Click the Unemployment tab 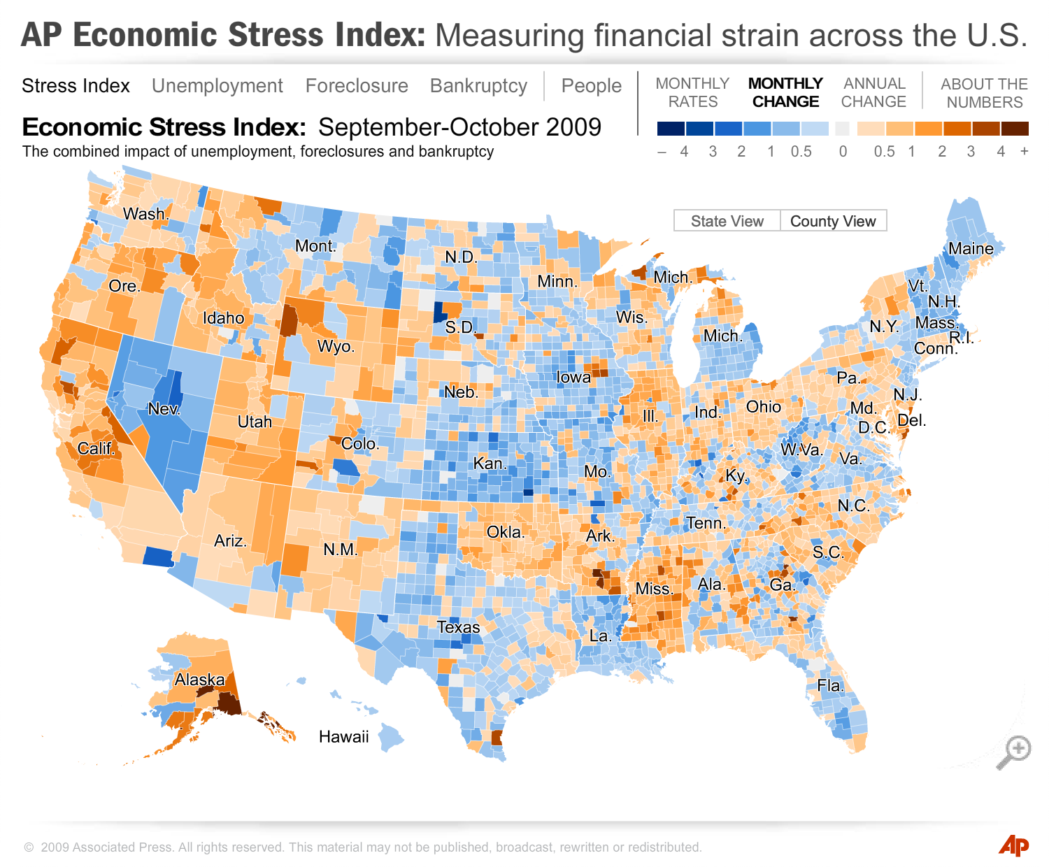click(x=217, y=86)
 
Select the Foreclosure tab click(x=357, y=86)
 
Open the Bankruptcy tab click(x=478, y=86)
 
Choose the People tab click(x=591, y=86)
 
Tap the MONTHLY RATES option click(x=692, y=92)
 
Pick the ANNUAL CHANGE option click(x=873, y=92)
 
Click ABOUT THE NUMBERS click(x=984, y=93)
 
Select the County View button click(x=833, y=221)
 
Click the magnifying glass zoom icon click(x=1013, y=752)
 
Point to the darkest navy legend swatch click(x=671, y=129)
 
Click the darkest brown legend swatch click(x=1015, y=129)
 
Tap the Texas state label click(x=459, y=627)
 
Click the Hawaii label click(x=343, y=736)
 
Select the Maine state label click(x=971, y=248)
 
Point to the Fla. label click(x=831, y=685)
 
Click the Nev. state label click(x=164, y=409)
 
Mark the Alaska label click(x=199, y=680)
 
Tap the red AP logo click(x=1013, y=845)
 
